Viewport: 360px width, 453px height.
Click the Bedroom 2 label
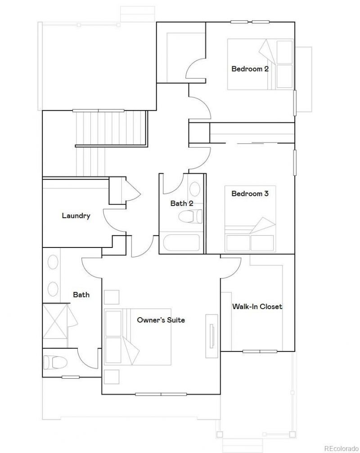tap(250, 69)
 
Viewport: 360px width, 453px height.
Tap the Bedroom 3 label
tap(250, 193)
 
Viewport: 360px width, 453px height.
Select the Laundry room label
tap(76, 216)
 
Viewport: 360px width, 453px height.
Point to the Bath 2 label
tap(182, 203)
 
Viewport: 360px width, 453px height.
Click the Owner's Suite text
tap(161, 320)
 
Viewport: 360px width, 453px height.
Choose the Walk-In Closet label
tap(257, 306)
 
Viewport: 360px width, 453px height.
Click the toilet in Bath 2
tap(190, 216)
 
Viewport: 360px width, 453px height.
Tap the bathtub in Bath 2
tap(181, 243)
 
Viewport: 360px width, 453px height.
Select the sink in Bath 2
tap(195, 189)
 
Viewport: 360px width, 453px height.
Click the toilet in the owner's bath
tap(55, 362)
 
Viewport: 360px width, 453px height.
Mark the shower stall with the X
tap(55, 321)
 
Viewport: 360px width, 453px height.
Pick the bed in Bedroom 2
tap(260, 64)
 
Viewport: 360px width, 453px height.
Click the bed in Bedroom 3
tap(250, 219)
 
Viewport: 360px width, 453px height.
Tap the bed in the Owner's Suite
tap(138, 337)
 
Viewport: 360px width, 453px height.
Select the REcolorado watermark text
tap(341, 449)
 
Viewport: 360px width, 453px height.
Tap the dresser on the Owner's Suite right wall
tap(211, 336)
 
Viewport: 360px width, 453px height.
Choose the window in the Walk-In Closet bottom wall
tap(260, 351)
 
